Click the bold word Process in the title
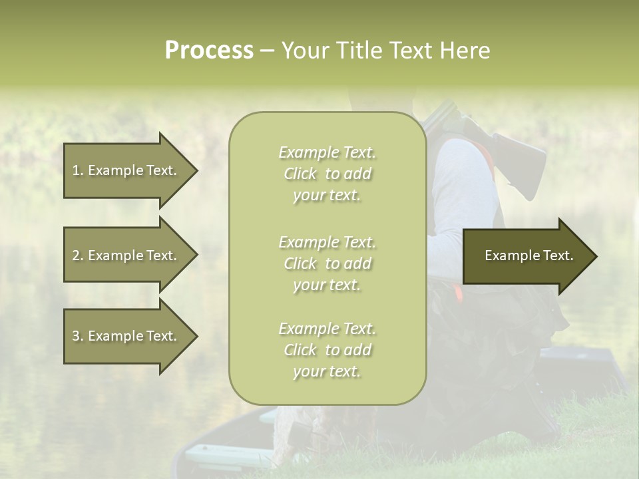pos(209,51)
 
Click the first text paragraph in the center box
pos(327,174)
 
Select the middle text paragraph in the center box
pos(327,263)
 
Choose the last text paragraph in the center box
pos(327,350)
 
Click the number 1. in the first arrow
pos(78,170)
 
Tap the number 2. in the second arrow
pos(78,255)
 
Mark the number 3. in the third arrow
pos(78,336)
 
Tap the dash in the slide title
pos(267,51)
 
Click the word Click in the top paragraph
pos(300,174)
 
